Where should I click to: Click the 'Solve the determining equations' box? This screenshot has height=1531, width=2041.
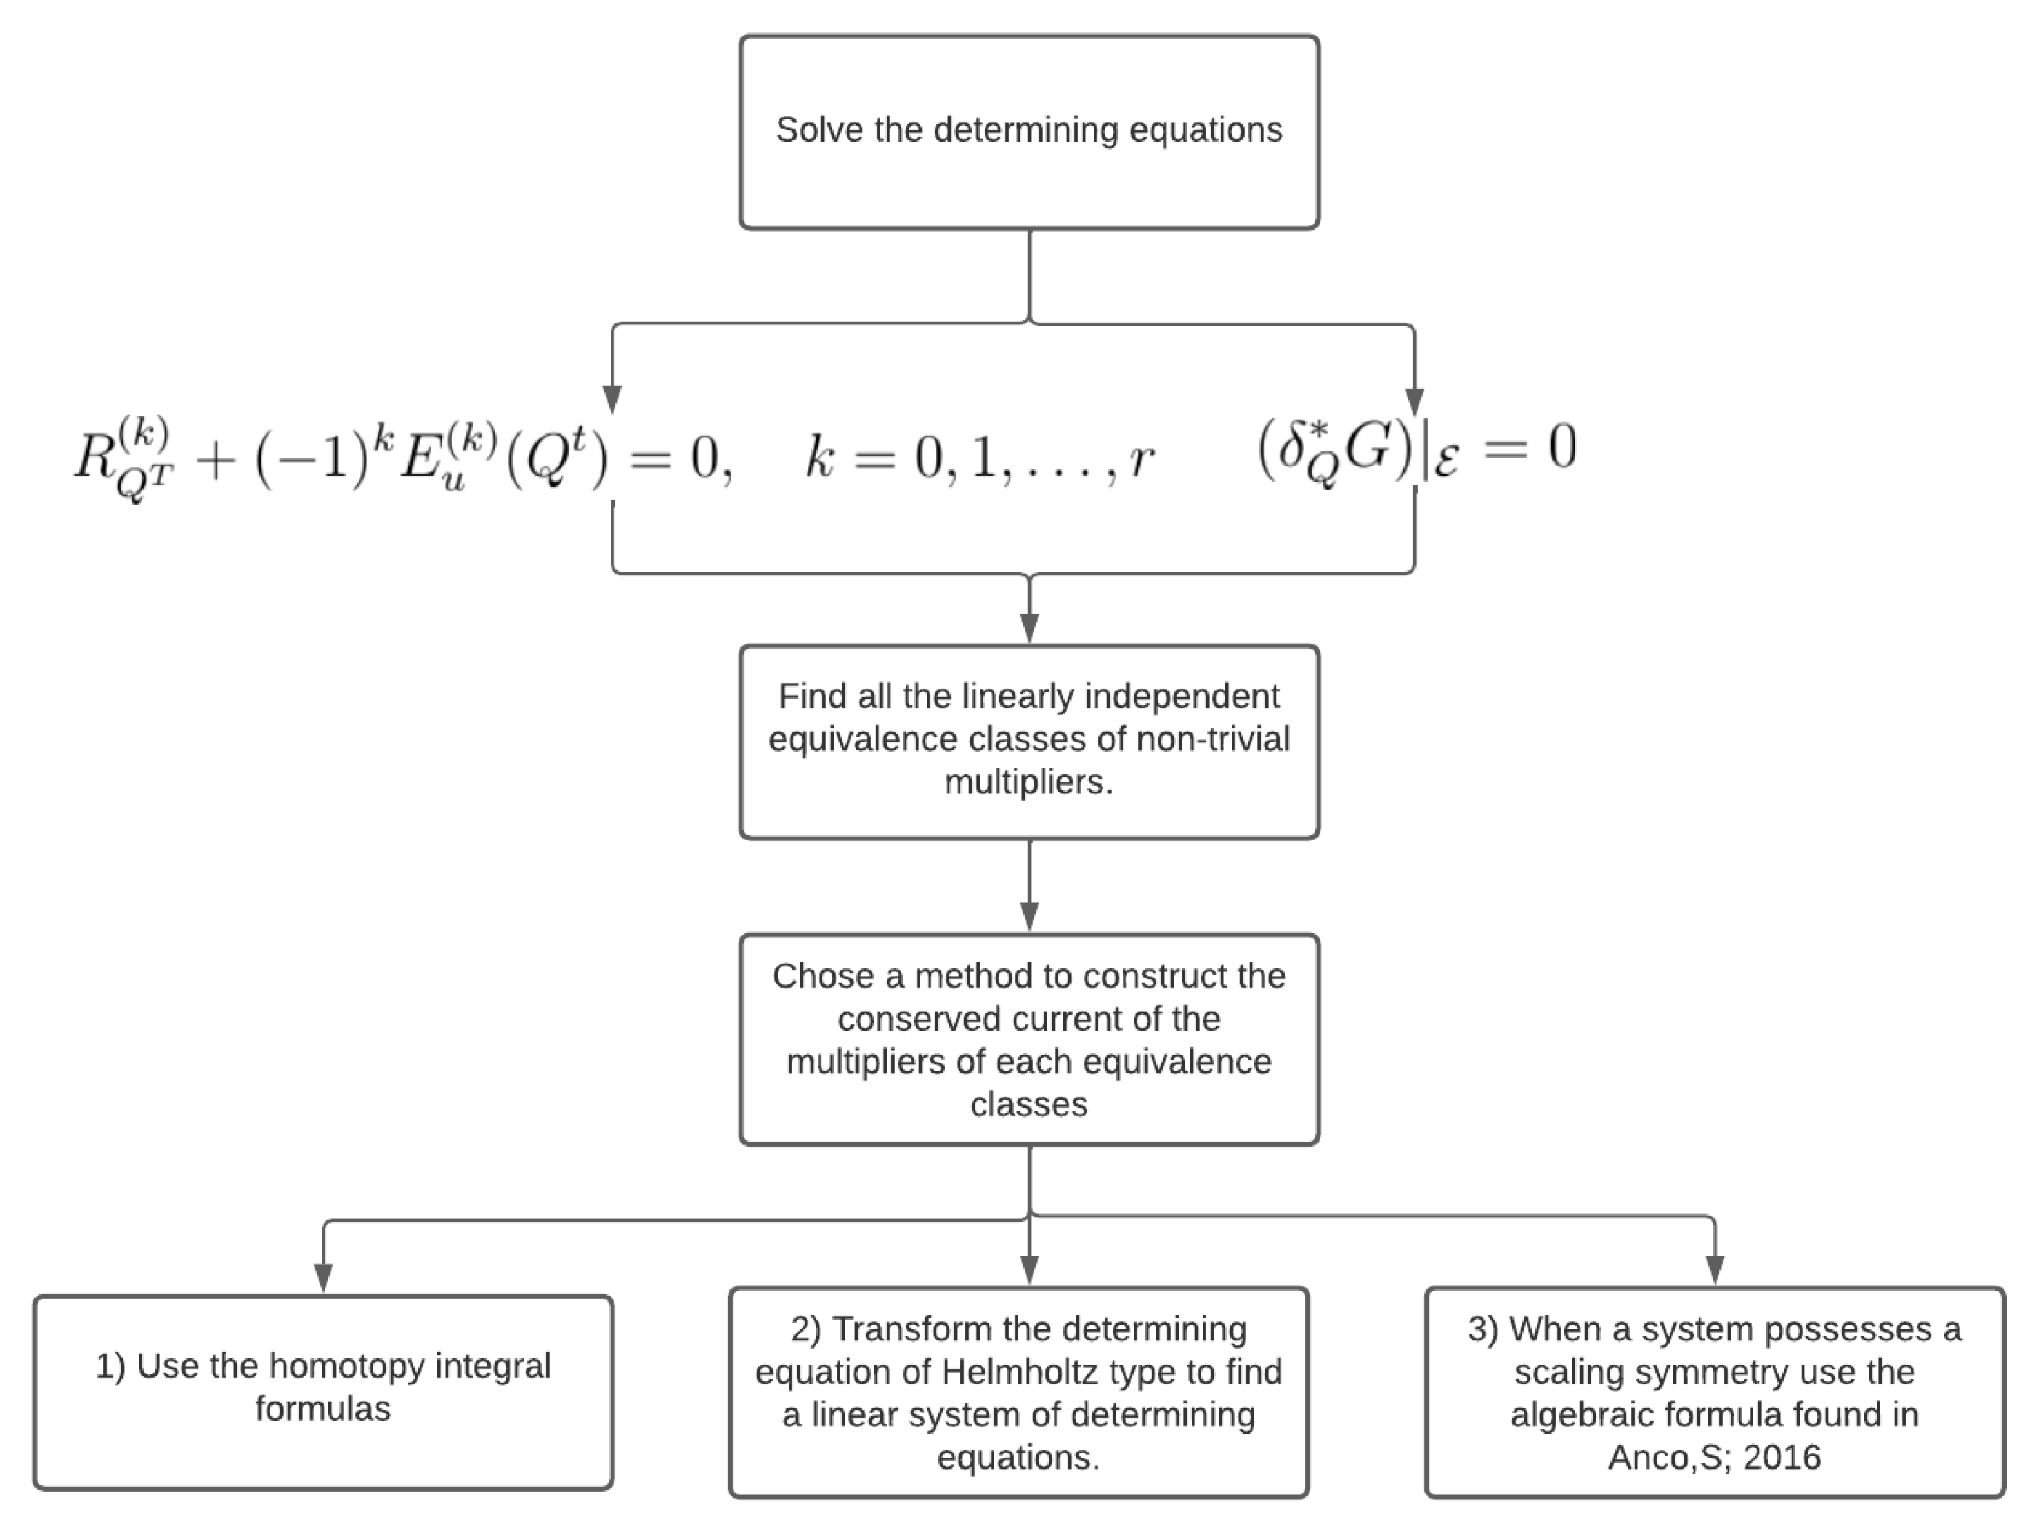pos(1029,132)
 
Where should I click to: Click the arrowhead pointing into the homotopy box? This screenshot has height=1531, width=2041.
pos(323,1278)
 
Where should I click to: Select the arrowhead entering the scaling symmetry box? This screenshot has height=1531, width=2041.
pos(1715,1271)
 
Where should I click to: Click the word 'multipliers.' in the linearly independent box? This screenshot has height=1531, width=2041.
pos(1029,781)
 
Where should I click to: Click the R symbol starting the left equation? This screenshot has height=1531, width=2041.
pos(95,456)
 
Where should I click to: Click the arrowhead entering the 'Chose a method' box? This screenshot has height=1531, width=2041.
pos(1029,917)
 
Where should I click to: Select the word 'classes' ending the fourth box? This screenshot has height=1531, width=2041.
pos(1029,1104)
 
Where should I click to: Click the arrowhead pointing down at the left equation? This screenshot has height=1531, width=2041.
pos(612,400)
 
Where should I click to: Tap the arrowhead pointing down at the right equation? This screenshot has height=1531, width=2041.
pos(1414,402)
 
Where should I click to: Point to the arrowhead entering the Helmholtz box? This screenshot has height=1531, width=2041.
pos(1029,1270)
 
